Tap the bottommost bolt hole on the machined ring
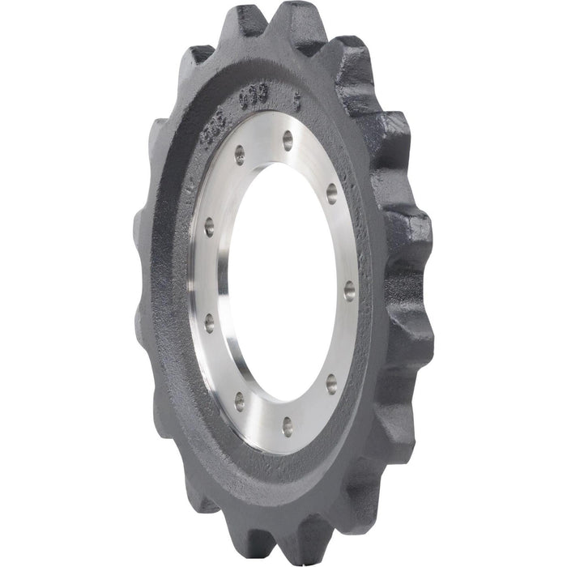coord(287,421)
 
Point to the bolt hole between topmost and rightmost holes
coord(331,192)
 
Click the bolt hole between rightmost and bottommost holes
coord(331,384)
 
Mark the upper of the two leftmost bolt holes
coord(209,228)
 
